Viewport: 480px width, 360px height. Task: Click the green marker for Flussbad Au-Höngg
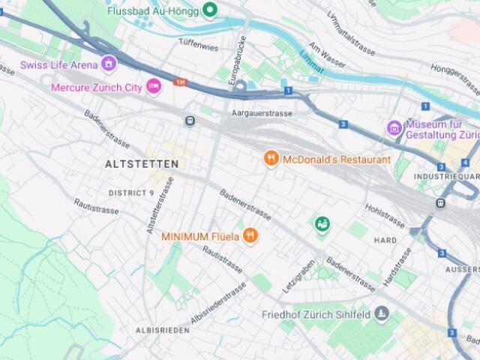click(211, 9)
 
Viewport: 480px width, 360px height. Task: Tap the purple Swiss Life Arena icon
click(109, 64)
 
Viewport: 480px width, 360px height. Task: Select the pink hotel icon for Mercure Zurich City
click(154, 87)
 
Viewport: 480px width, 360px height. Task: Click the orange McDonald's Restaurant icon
click(271, 158)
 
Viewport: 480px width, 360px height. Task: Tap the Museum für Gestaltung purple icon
click(394, 128)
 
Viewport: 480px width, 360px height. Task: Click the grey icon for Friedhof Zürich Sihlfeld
click(382, 312)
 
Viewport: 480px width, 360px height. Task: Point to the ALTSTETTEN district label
click(142, 163)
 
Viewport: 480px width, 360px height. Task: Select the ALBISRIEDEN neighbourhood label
click(161, 330)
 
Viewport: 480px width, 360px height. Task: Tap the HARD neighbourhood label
click(385, 240)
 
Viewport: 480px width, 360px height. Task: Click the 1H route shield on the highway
click(179, 82)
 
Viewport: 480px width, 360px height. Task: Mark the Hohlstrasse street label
click(385, 213)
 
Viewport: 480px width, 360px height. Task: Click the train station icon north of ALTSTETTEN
click(190, 120)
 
